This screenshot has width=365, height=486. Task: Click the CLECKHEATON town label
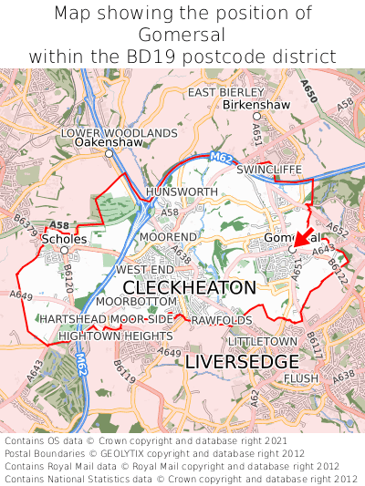point(189,287)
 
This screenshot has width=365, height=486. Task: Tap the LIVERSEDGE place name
point(241,362)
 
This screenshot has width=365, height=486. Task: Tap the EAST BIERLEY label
point(226,92)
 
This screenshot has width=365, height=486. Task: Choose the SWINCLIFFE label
point(267,170)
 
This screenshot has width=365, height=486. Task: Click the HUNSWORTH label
point(182,192)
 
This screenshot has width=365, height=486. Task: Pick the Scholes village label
point(64,239)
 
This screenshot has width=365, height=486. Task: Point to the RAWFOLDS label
point(222,320)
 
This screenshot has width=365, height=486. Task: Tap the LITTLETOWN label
point(263,341)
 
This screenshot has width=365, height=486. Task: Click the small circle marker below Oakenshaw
point(109,154)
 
